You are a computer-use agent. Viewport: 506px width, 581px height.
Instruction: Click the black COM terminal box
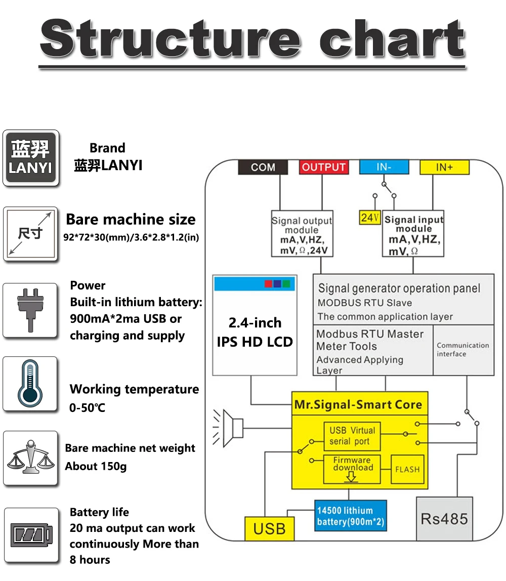[263, 167]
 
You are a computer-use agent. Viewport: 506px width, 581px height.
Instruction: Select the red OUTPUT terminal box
[324, 167]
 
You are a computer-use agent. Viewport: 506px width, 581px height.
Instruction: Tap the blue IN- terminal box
[384, 167]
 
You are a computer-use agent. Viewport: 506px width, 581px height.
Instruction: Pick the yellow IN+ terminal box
[444, 167]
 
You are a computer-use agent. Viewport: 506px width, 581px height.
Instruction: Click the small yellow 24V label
[370, 218]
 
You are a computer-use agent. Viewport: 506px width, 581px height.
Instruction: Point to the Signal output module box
[302, 233]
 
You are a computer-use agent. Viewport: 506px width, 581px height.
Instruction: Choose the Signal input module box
[413, 233]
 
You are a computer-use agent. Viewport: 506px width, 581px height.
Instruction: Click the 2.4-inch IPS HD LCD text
[255, 333]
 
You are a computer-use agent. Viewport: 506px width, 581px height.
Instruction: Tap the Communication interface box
[463, 350]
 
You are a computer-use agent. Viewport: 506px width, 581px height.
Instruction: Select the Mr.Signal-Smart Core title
[358, 404]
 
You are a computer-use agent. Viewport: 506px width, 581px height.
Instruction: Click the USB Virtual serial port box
[352, 436]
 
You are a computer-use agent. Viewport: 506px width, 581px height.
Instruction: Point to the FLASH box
[407, 470]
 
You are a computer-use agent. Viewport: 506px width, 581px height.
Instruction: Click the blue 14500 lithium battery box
[351, 516]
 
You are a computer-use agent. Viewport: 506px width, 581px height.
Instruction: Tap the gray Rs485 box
[444, 519]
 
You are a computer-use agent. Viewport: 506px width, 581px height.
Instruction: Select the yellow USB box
[269, 529]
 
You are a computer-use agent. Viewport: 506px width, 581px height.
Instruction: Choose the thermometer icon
[30, 384]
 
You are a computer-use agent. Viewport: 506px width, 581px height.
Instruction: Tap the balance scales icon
[31, 457]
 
